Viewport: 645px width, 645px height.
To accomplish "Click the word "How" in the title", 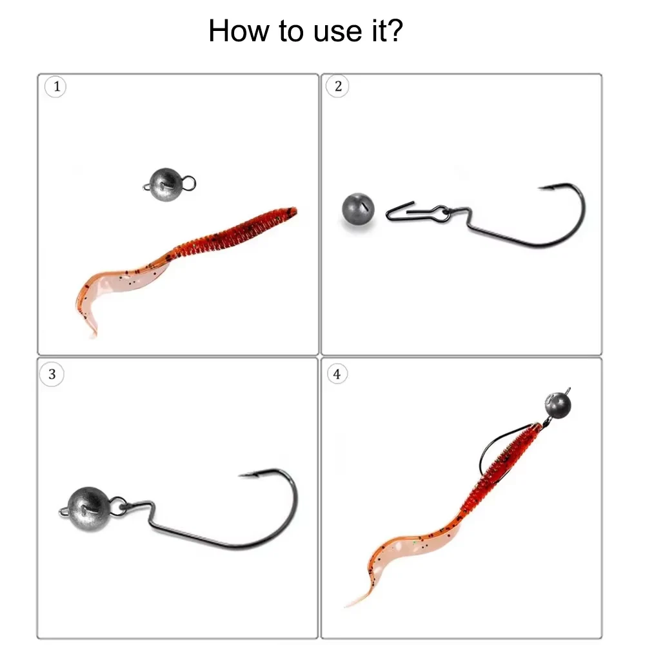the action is tap(239, 31).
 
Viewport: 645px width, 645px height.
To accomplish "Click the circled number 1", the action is tap(55, 87).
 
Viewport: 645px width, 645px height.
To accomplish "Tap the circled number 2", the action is tap(338, 86).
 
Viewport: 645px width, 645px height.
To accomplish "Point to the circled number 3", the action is tap(52, 374).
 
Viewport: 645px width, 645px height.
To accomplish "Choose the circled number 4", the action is tap(337, 374).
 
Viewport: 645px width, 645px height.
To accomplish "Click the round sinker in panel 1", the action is tap(165, 184).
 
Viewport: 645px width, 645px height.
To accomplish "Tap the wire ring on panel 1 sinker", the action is tap(188, 183).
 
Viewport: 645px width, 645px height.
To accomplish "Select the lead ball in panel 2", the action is tap(358, 209).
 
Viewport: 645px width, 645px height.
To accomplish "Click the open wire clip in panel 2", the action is tap(400, 211).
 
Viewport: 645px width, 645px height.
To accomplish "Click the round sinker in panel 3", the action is tap(88, 510).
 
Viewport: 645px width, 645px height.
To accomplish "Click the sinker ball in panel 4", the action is tap(558, 405).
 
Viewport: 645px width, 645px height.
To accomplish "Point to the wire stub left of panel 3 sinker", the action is tap(64, 511).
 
